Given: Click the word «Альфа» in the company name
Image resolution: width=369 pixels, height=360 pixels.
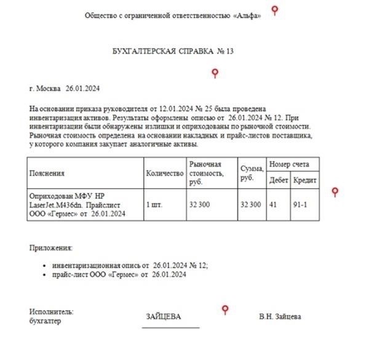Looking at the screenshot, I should [247, 16].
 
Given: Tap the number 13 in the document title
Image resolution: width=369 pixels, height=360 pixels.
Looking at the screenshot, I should [229, 51].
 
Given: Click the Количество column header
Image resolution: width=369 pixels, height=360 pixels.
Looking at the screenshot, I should [165, 174].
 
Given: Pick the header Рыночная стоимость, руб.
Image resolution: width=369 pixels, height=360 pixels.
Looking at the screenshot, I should [205, 174].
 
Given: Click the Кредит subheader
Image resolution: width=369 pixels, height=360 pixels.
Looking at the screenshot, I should [306, 181].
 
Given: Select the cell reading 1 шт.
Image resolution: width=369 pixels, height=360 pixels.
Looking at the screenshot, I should [154, 204].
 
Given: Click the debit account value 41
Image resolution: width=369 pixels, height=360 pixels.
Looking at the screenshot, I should [271, 204].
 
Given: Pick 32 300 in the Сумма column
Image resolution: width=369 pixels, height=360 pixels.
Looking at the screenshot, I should [250, 204].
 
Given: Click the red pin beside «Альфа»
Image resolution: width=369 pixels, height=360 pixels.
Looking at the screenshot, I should [276, 10].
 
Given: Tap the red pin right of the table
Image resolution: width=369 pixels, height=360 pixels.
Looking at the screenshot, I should [335, 192].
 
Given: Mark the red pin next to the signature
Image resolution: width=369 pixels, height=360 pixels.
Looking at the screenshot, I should [225, 308].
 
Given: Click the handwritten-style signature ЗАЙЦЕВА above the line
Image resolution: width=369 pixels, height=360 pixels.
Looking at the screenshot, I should [164, 317].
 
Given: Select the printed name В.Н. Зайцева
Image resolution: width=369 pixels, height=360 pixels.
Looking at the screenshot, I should [280, 317].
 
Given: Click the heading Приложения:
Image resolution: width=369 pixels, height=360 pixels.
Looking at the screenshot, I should [50, 248].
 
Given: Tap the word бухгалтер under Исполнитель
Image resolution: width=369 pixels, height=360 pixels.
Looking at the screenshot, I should [46, 321].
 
